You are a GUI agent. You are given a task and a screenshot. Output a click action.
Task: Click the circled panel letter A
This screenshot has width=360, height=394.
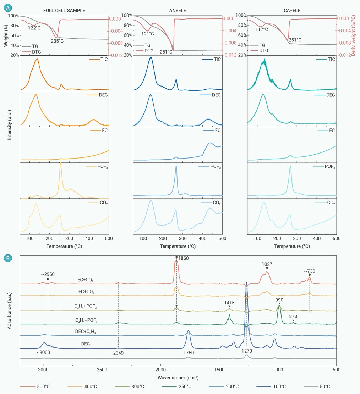10,7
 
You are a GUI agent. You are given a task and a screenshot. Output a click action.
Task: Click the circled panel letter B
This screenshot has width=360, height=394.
10,259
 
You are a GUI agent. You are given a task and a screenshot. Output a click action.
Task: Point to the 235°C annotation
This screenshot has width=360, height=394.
57,41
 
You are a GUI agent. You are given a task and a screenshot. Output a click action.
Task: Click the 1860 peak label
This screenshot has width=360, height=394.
184,258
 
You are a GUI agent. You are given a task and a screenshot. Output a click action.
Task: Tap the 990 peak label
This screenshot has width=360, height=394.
279,300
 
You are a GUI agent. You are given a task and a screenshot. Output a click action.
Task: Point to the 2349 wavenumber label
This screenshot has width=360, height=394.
118,353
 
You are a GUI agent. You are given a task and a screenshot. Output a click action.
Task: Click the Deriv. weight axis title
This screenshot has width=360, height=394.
355,35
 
